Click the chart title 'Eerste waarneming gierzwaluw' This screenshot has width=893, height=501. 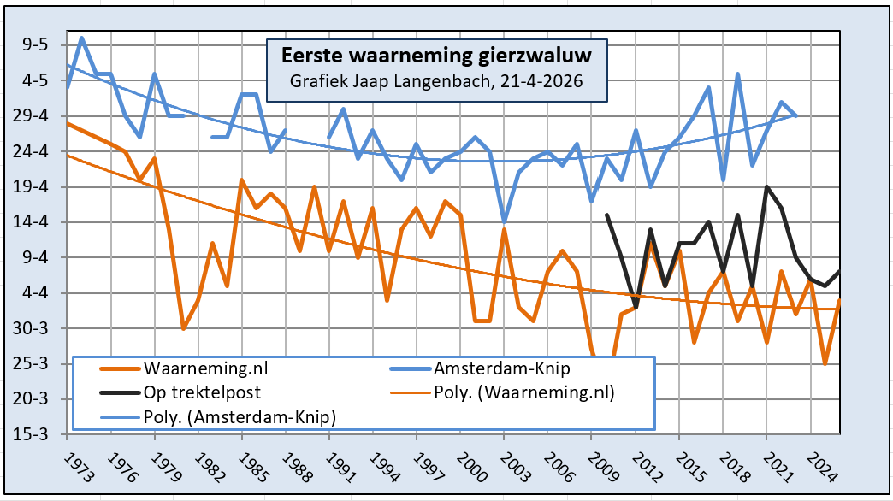(x=436, y=56)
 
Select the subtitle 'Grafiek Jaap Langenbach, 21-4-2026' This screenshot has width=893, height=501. (x=436, y=82)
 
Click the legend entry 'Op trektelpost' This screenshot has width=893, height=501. (x=200, y=393)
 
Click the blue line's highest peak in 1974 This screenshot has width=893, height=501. (x=82, y=38)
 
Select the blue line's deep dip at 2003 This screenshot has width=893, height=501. (x=504, y=221)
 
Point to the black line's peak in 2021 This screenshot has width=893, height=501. (x=766, y=186)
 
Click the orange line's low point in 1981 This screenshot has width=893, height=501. (x=183, y=328)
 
